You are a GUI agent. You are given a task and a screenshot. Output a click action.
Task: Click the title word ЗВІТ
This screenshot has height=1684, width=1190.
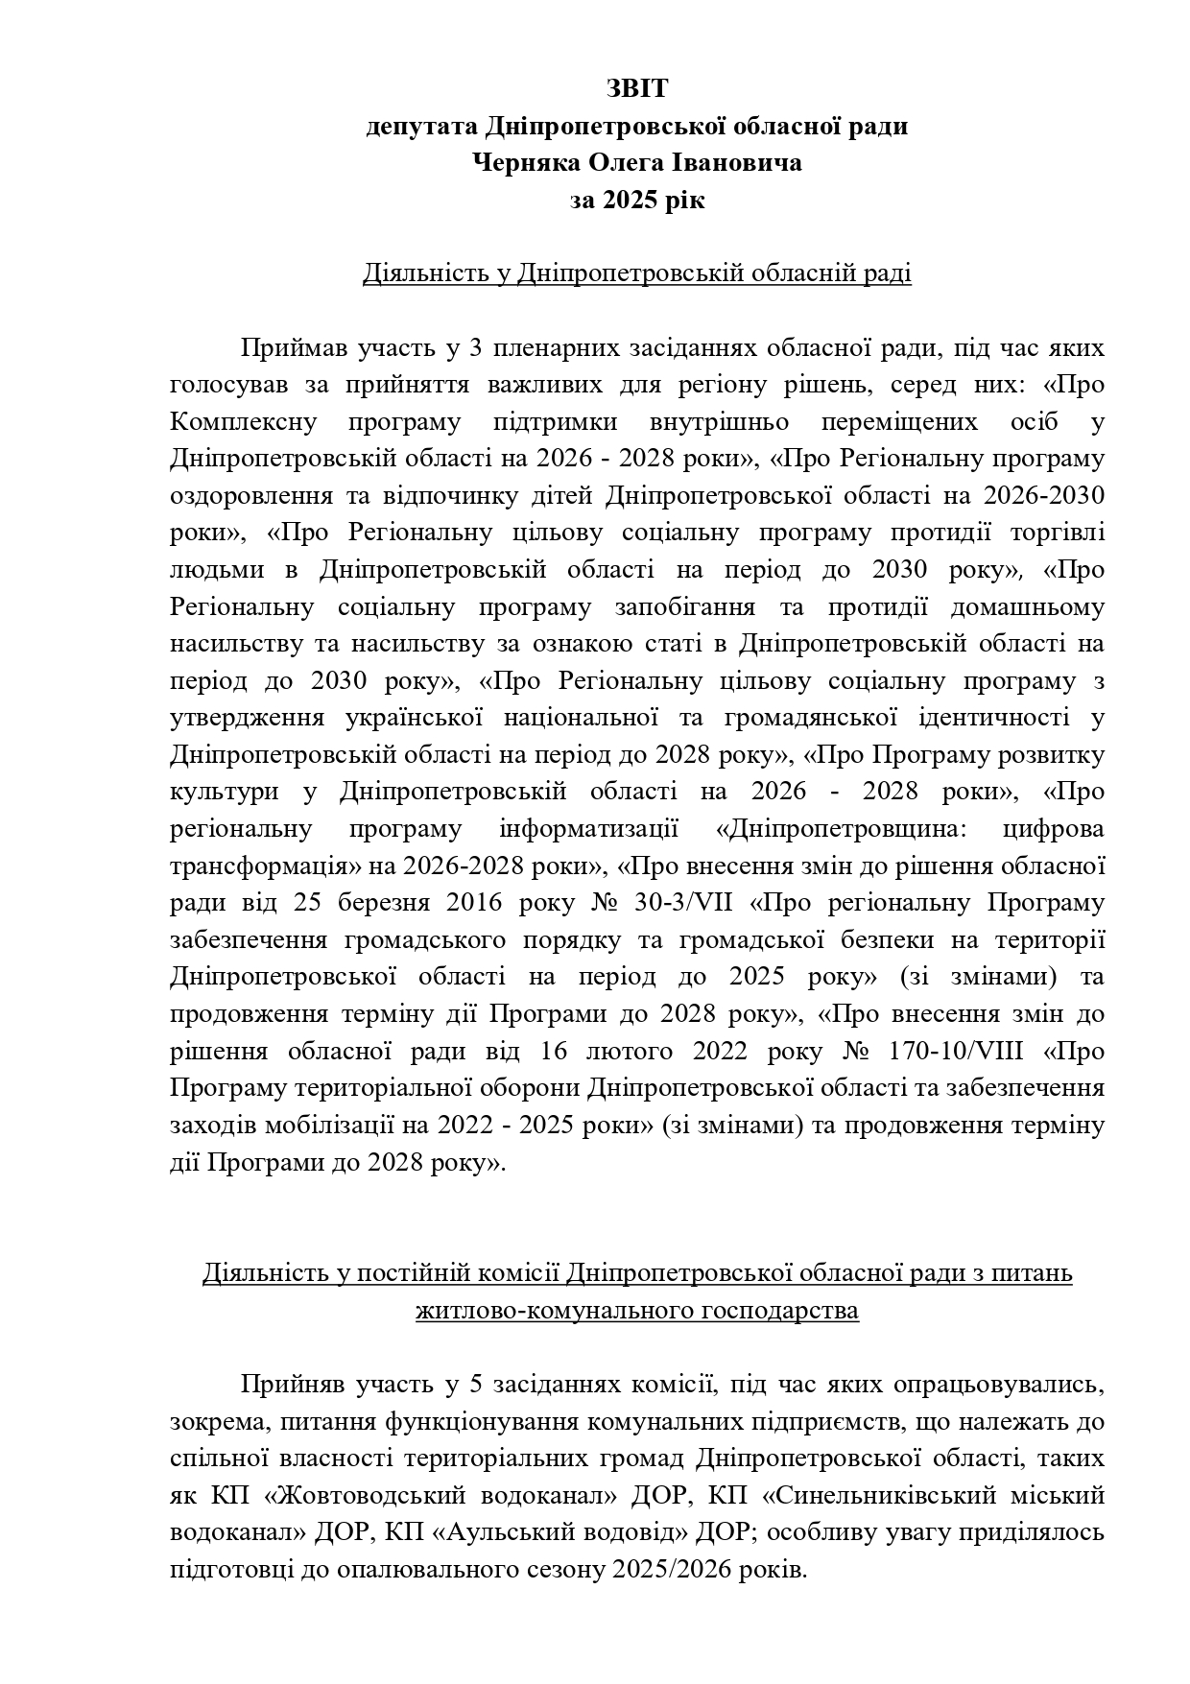(636, 89)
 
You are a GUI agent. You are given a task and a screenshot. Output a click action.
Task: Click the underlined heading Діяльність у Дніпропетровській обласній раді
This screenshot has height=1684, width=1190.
(636, 274)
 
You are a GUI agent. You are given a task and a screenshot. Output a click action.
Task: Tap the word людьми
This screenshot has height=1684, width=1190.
(217, 570)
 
